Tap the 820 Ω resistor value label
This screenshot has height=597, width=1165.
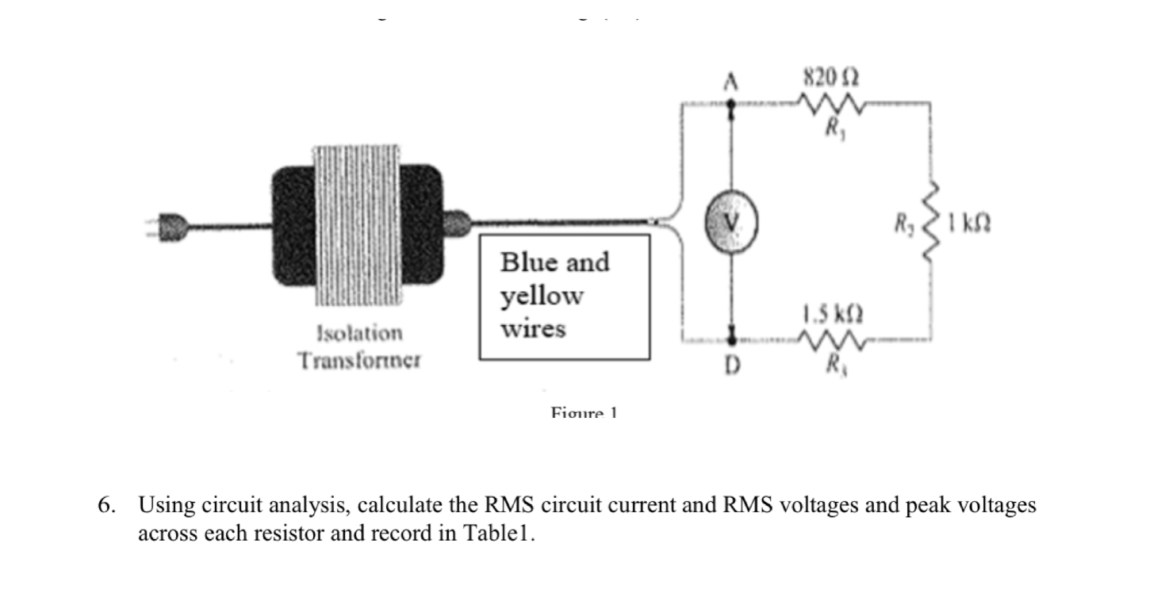(x=830, y=78)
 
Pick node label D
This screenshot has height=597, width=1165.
(x=732, y=368)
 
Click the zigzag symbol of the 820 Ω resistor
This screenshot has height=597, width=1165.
(x=830, y=103)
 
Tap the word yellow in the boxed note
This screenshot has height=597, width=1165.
(x=541, y=296)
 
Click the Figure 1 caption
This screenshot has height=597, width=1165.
(x=584, y=412)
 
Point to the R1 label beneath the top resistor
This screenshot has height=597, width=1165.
(x=830, y=126)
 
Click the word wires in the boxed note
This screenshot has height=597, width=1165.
(x=533, y=328)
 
